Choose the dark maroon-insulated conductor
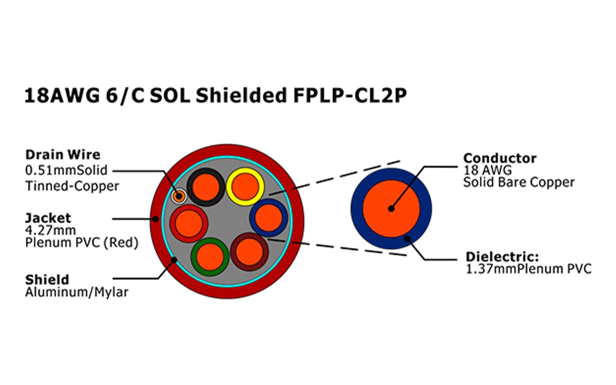click(249, 251)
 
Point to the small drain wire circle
click(179, 196)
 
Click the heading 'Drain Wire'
click(63, 155)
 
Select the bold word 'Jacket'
click(48, 218)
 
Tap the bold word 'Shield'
click(47, 280)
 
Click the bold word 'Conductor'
click(500, 158)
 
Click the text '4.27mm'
click(51, 231)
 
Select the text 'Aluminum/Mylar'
click(77, 292)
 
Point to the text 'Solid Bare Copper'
click(519, 182)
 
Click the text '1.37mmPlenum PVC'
click(528, 269)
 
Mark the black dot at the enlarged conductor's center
click(391, 209)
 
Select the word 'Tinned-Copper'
click(72, 186)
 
